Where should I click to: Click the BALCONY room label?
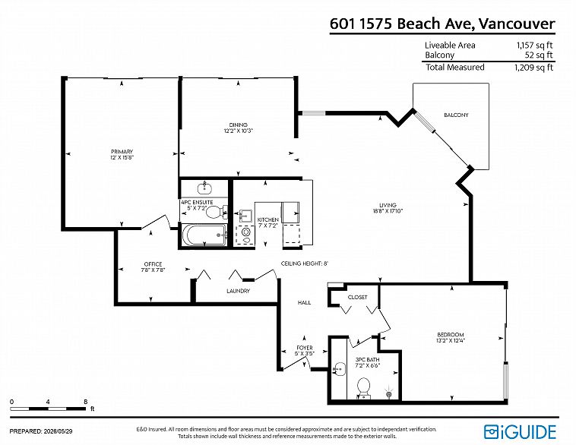(456, 115)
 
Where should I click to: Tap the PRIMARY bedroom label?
(122, 152)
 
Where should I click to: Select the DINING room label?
(238, 125)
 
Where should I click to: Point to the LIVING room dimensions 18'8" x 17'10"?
(388, 211)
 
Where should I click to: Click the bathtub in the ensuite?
(204, 235)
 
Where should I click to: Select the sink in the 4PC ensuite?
(204, 188)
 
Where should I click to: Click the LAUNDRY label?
(238, 291)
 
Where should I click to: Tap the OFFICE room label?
(153, 264)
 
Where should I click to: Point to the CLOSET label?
(357, 297)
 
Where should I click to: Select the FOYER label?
(305, 348)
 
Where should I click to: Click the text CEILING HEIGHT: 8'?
(304, 264)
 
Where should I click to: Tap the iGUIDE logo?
(520, 432)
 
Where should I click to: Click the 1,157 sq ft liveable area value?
(534, 45)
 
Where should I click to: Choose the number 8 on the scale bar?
(86, 402)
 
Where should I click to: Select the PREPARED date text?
(41, 431)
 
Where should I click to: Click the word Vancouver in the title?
(517, 24)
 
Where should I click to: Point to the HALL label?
(304, 302)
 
